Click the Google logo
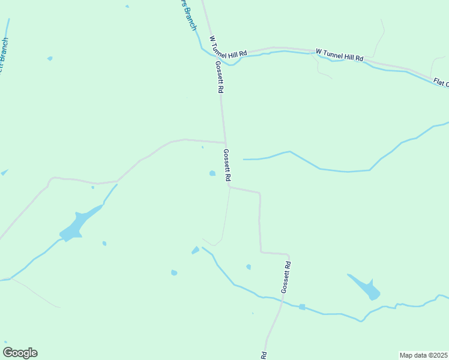tap(20, 352)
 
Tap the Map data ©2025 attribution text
tap(423, 355)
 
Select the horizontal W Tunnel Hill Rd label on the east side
tap(340, 55)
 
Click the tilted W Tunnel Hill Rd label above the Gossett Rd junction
tap(228, 47)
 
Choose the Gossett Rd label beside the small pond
tap(227, 166)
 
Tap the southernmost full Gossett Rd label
tap(287, 277)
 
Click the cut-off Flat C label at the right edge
tap(441, 82)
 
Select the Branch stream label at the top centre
tap(188, 13)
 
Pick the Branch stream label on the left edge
tap(3, 56)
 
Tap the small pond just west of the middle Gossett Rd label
tap(212, 173)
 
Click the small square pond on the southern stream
tap(302, 307)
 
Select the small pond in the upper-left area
tap(50, 58)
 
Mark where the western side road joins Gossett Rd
tap(225, 143)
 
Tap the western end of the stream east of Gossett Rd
tap(244, 159)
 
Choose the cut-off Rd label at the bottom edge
tap(264, 355)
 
